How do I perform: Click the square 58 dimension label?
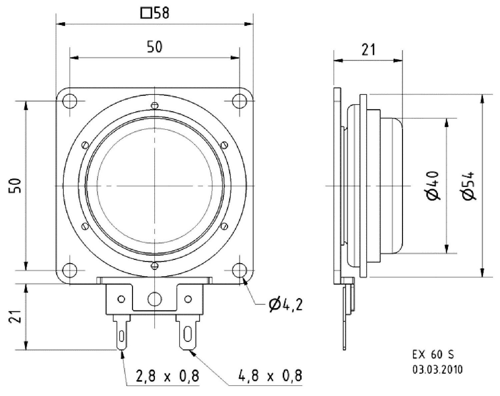click(155, 14)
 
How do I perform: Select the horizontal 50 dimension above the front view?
click(155, 47)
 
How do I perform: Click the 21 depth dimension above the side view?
click(368, 50)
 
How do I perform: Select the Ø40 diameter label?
click(433, 185)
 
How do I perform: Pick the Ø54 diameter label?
click(469, 185)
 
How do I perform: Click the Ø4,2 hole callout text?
click(286, 304)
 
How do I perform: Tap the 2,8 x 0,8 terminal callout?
click(167, 376)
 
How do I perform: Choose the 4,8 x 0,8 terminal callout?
click(270, 376)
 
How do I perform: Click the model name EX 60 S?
click(433, 355)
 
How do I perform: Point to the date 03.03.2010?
click(437, 369)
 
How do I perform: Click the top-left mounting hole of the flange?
click(70, 101)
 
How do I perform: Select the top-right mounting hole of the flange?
click(239, 101)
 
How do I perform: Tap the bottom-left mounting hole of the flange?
click(70, 270)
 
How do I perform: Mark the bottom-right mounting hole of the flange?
click(239, 270)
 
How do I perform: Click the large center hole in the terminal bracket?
click(154, 298)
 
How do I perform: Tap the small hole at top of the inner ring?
click(154, 105)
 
